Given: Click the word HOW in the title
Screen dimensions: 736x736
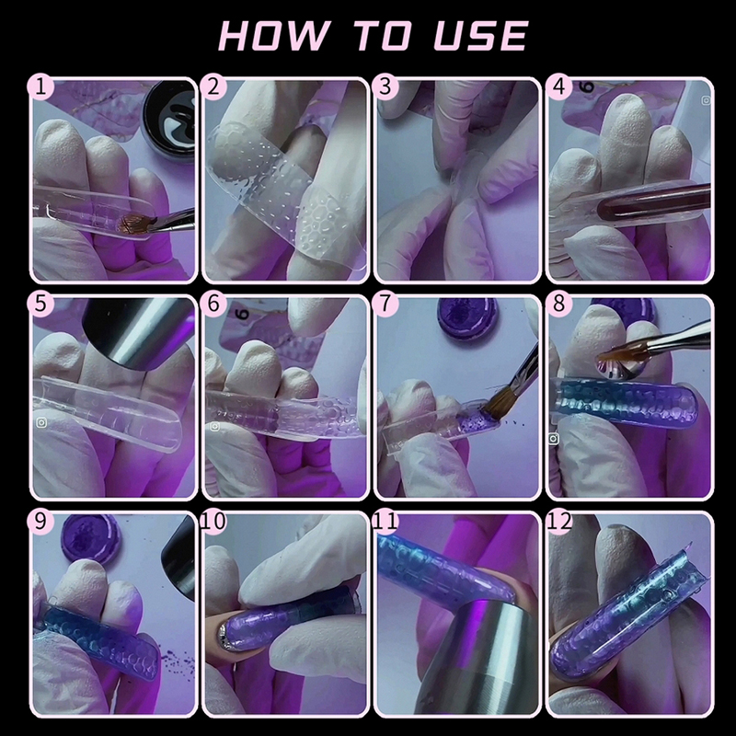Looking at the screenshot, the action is (273, 35).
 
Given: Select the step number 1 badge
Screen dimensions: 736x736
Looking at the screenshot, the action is (40, 86).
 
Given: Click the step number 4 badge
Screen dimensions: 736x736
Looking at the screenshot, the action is (559, 86).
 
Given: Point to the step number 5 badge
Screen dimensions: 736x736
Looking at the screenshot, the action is (40, 304).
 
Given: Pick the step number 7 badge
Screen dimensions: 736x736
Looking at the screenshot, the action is (385, 304).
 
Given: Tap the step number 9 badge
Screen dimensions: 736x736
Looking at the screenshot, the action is (40, 521).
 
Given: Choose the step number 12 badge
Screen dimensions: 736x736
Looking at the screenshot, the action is (559, 521).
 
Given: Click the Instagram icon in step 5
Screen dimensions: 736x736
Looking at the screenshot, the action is (41, 423).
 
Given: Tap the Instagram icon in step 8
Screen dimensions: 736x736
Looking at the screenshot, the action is (554, 439).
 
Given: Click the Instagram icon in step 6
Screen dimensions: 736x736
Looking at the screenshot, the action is (215, 426).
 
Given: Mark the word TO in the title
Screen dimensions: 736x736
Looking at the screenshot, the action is (382, 35).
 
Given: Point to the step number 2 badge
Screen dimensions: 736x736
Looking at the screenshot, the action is (213, 86).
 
